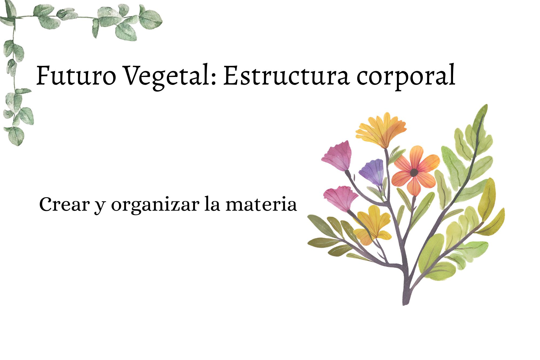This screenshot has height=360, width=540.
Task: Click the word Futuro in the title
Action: pyautogui.click(x=76, y=75)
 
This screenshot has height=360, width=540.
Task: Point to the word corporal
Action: pyautogui.click(x=406, y=77)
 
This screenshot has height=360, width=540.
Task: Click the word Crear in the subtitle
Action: pyautogui.click(x=65, y=204)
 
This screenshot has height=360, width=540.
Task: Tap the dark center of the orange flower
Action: pyautogui.click(x=414, y=172)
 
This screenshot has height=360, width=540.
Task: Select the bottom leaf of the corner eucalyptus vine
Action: pyautogui.click(x=16, y=136)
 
